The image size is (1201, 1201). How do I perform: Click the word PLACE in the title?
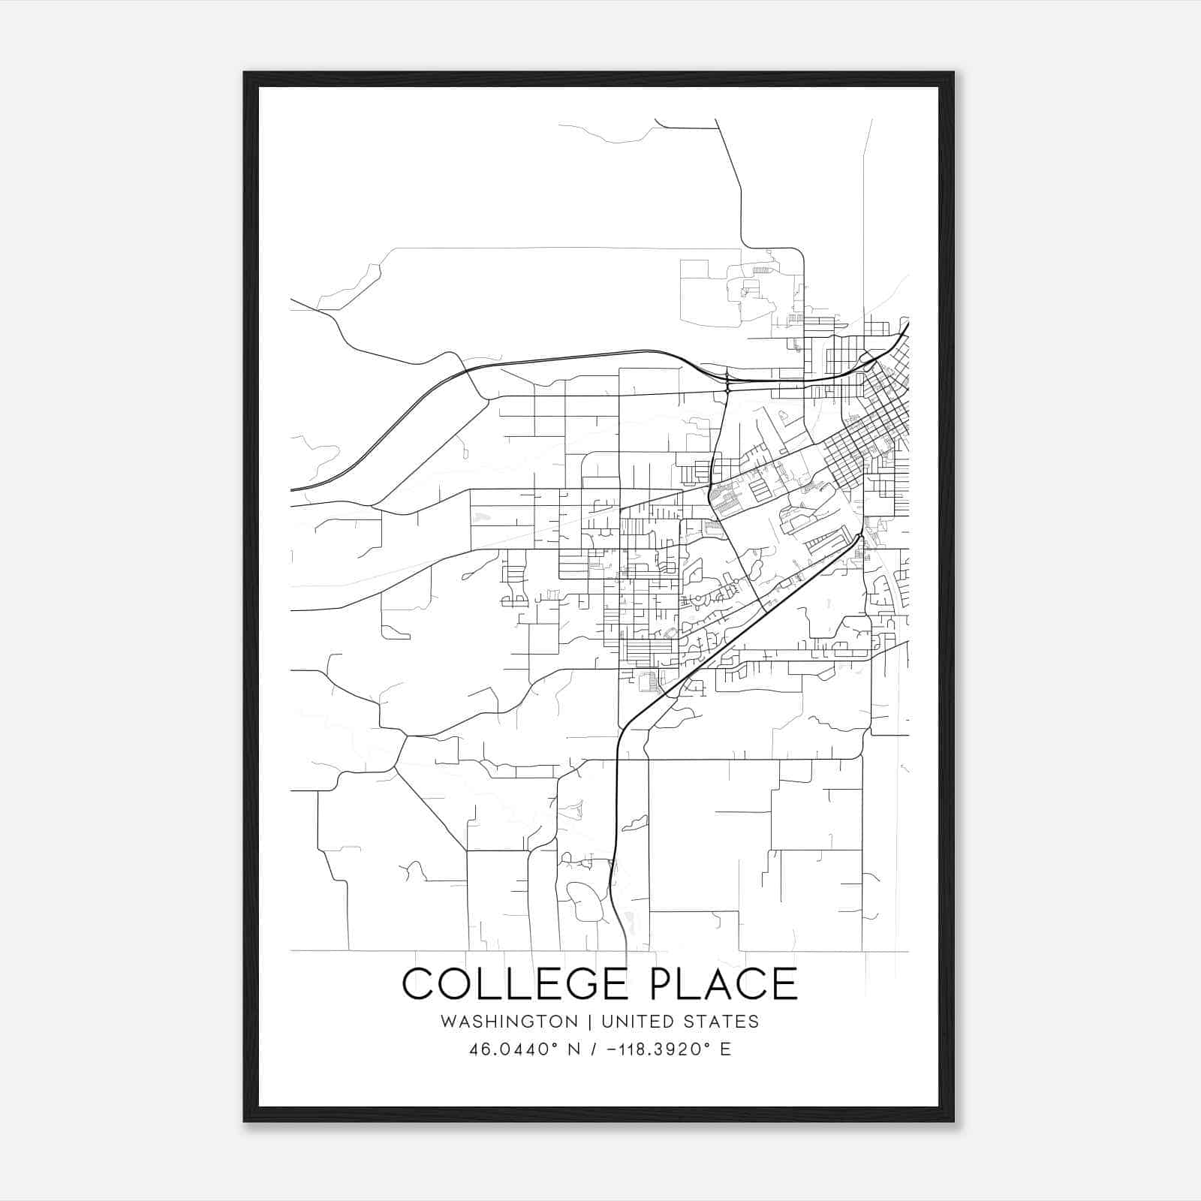pos(718,983)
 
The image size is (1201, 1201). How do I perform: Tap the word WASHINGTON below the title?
pos(509,1022)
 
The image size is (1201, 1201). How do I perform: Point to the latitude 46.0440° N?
pos(525,1049)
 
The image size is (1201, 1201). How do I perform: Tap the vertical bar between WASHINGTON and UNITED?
pos(590,1022)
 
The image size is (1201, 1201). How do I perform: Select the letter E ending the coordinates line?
pos(725,1049)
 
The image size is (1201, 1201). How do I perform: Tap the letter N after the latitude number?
pos(575,1049)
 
